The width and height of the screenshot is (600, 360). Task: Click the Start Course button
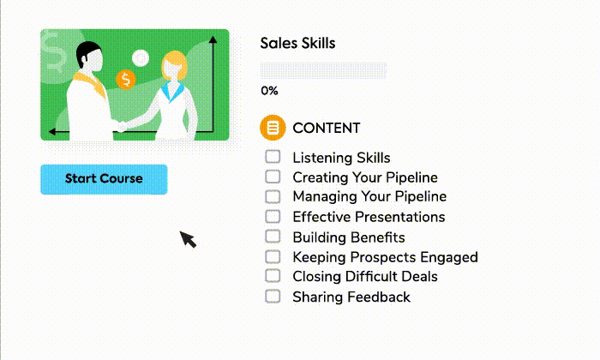104,179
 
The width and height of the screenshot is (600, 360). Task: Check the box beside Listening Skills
273,157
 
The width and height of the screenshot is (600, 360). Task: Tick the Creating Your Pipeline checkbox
273,177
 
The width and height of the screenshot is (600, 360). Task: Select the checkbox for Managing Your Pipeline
273,196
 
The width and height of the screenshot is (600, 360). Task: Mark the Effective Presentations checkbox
273,217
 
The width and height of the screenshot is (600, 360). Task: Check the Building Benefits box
273,237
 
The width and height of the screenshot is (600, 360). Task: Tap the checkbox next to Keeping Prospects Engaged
273,256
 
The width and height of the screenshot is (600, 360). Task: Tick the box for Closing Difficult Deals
273,276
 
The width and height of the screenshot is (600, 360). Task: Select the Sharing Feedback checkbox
273,296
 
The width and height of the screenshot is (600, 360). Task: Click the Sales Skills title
297,43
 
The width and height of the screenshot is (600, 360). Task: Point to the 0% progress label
269,91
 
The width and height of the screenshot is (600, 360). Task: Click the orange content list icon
273,128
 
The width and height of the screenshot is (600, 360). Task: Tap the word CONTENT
327,128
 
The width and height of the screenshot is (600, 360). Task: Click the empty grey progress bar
323,70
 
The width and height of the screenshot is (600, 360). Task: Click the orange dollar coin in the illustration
125,80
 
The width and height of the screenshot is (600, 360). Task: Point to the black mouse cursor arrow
188,239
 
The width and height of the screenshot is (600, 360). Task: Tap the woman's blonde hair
175,64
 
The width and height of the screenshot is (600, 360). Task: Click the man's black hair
87,51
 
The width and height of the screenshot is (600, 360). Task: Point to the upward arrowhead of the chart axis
213,39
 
